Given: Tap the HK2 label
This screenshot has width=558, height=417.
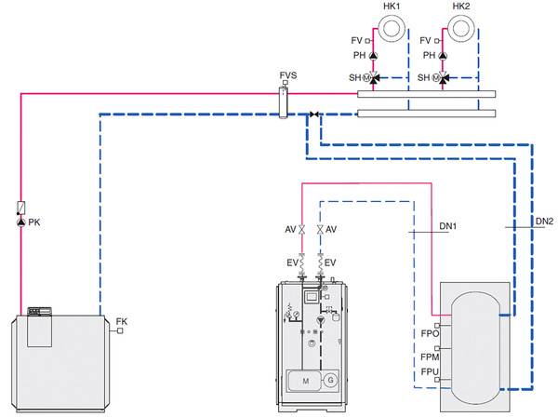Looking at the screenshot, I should (461, 7).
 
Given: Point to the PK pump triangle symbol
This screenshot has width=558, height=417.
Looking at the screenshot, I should (21, 223).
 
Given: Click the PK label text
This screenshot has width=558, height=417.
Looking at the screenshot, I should (35, 223).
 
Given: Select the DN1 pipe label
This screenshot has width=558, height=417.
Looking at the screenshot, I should (447, 226).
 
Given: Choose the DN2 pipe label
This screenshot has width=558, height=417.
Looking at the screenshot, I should (545, 221).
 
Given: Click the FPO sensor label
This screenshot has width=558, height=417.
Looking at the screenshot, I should (430, 332).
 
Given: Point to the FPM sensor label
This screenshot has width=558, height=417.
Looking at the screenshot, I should (430, 356).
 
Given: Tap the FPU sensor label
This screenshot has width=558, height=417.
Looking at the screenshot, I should (430, 372).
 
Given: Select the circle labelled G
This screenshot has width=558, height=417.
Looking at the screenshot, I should (332, 380).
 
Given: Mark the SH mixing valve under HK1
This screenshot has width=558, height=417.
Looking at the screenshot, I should (374, 78).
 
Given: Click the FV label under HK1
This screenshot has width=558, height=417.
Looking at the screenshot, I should (356, 41).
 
